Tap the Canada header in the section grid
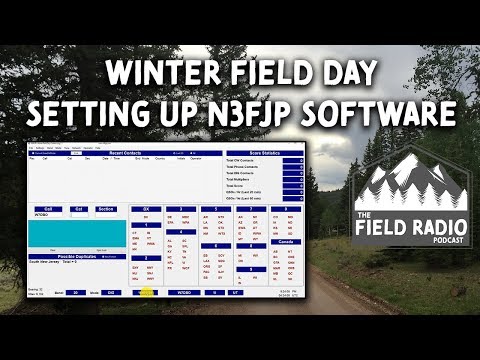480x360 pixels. (x=285, y=241)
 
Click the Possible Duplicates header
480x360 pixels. (x=77, y=256)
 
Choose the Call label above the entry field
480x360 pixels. (x=48, y=209)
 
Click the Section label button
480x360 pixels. (x=105, y=209)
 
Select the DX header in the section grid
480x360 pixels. (x=146, y=209)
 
